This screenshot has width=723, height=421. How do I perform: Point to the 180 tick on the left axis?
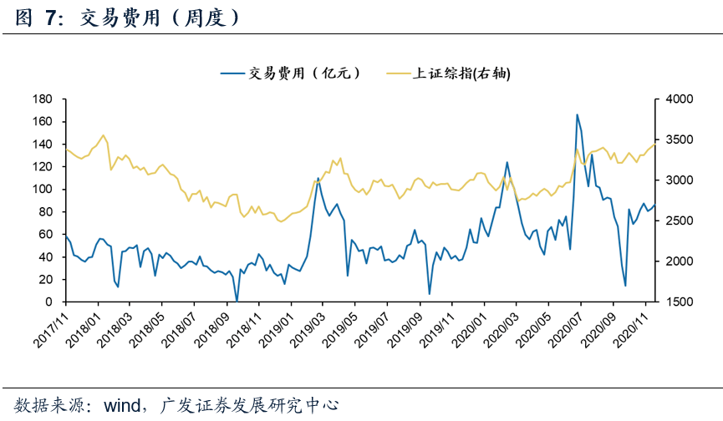(42, 99)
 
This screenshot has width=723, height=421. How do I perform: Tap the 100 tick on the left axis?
(42, 189)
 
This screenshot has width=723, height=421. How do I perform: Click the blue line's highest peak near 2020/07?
(577, 114)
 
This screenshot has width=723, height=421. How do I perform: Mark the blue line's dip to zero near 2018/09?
(237, 301)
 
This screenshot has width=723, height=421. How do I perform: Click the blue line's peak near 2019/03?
(318, 178)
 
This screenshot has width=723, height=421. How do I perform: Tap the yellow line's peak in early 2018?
(103, 135)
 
